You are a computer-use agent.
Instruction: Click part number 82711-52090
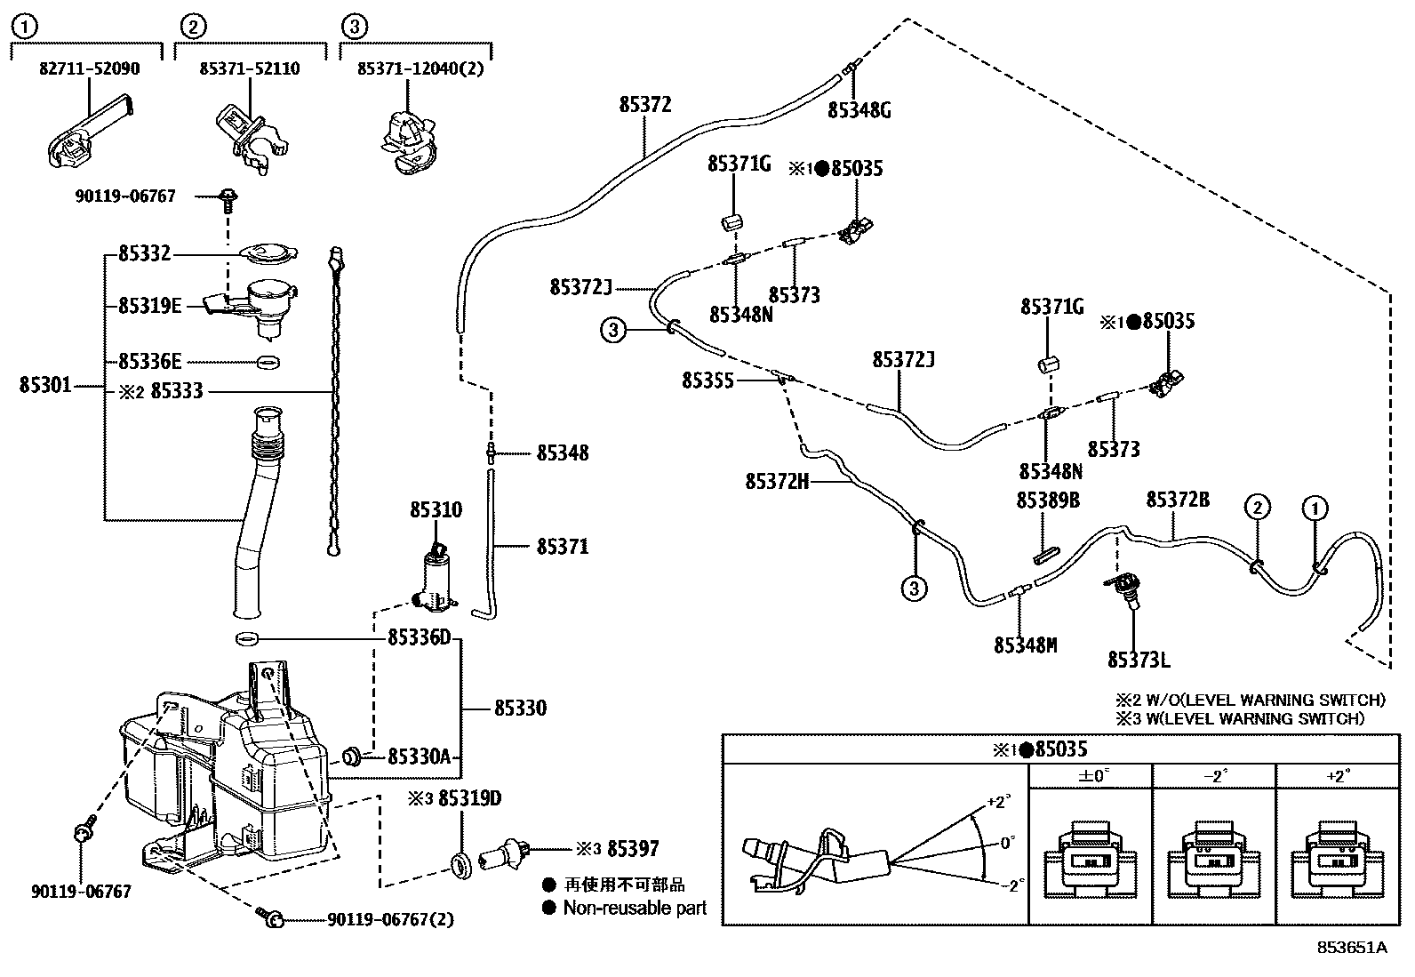pyautogui.click(x=89, y=68)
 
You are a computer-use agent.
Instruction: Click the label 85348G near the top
pyautogui.click(x=859, y=110)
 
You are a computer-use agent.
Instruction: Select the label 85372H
pyautogui.click(x=777, y=482)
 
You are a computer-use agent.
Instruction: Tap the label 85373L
pyautogui.click(x=1139, y=660)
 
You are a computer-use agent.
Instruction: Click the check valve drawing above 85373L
pyautogui.click(x=1124, y=589)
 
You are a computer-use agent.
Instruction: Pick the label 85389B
pyautogui.click(x=1048, y=501)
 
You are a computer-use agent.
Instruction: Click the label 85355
pyautogui.click(x=707, y=380)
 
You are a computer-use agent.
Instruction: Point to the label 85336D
pyautogui.click(x=420, y=638)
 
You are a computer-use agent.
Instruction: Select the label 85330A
pyautogui.click(x=420, y=757)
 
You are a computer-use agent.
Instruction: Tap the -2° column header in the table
pyautogui.click(x=1214, y=775)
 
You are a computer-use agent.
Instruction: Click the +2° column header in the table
pyautogui.click(x=1337, y=775)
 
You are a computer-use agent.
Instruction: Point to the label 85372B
pyautogui.click(x=1177, y=500)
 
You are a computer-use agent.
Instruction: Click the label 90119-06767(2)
pyautogui.click(x=390, y=919)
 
